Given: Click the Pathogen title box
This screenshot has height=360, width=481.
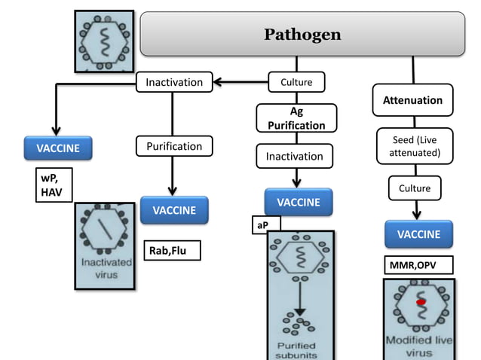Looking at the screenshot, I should [x=302, y=34].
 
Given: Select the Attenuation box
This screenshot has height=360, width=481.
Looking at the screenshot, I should [x=412, y=100].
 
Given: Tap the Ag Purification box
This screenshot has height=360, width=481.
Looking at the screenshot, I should [x=296, y=118].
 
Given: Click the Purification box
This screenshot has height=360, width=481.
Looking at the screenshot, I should [x=174, y=146].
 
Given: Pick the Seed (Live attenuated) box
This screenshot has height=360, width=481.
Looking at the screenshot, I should [x=414, y=147].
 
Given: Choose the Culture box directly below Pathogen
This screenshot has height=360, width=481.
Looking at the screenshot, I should [x=296, y=81].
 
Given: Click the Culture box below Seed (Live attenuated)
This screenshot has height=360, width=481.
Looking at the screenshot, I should [x=415, y=188].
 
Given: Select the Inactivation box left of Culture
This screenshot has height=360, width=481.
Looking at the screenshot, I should [x=174, y=81].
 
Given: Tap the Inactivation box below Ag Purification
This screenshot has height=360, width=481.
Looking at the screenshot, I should [x=295, y=156].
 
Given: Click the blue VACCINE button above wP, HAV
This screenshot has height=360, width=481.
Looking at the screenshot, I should [x=58, y=148].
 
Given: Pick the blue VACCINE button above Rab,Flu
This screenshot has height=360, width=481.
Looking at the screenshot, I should [x=174, y=210].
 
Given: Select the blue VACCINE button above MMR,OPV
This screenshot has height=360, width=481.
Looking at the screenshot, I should [x=418, y=234].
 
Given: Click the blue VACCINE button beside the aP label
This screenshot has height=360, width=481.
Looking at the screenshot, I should [x=299, y=202].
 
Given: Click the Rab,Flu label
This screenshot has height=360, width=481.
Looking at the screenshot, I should [x=172, y=251].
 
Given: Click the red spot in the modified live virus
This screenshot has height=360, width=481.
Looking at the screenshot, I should [x=421, y=301].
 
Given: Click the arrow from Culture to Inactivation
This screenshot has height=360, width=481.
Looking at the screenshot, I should [x=240, y=81].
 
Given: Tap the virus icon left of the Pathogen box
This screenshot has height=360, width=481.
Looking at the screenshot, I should [x=104, y=41].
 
